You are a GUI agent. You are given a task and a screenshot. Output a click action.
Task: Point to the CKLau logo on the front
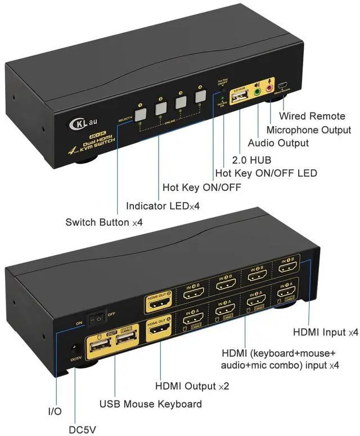80,122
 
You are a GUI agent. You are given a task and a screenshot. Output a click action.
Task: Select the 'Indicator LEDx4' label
163,206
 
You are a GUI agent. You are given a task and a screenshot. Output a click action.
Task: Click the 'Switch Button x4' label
104,222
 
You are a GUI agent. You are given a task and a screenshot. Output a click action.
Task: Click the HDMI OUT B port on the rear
159,304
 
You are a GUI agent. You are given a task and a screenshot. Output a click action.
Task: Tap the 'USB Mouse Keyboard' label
150,404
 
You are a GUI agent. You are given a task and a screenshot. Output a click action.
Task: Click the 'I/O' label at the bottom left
55,412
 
